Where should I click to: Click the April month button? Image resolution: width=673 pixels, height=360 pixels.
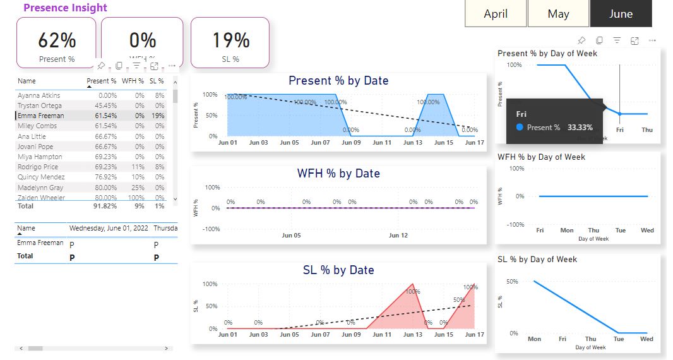coord(496,14)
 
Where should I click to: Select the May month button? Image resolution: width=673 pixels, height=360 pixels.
coord(558,14)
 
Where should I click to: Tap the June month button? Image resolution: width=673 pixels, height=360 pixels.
coord(621,14)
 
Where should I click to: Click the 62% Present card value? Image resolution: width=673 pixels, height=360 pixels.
coord(57,40)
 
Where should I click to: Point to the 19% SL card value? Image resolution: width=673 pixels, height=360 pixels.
coord(231,40)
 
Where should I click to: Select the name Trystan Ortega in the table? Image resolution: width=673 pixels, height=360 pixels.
coord(40,105)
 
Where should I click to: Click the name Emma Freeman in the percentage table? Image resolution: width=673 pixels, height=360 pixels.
coord(41,116)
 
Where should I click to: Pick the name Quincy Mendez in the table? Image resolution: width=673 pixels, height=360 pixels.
coord(41,177)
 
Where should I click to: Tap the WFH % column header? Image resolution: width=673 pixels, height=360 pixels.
coord(133,81)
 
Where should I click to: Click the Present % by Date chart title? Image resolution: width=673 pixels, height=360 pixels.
coord(338,81)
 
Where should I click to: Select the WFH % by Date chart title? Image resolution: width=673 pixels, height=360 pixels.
coord(338,173)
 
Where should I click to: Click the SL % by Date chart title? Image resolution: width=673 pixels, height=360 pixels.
coord(338,270)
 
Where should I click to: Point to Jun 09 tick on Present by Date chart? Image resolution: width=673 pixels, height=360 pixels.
coord(351,143)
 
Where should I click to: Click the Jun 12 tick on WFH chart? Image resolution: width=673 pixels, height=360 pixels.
coord(398,236)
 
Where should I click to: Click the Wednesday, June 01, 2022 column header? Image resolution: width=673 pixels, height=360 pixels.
coord(107,228)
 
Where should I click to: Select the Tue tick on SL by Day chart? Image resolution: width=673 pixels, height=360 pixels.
coord(619,339)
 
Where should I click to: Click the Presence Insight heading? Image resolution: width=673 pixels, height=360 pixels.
coord(65,8)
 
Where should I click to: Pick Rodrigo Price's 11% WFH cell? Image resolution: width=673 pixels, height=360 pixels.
coord(138,167)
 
